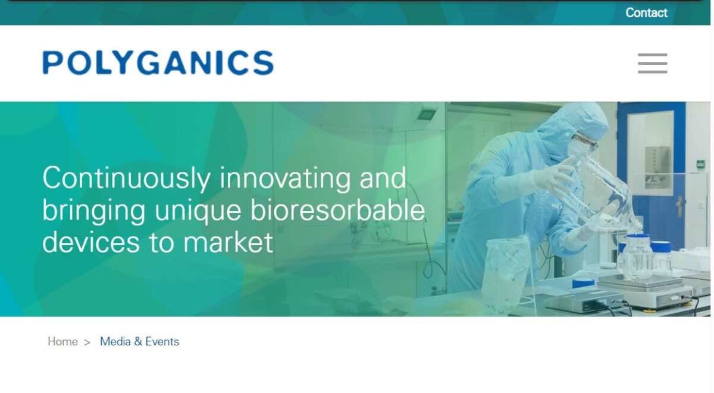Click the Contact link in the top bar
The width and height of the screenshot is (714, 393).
click(x=646, y=12)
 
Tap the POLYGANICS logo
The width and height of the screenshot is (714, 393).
click(x=158, y=63)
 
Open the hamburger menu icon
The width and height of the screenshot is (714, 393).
click(x=652, y=63)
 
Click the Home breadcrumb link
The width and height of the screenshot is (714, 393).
click(x=62, y=341)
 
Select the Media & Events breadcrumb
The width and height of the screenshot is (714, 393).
click(x=139, y=341)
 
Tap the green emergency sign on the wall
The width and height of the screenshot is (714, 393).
click(x=700, y=164)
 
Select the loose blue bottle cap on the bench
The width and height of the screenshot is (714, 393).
click(x=583, y=284)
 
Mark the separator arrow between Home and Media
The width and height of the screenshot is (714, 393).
click(x=87, y=342)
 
